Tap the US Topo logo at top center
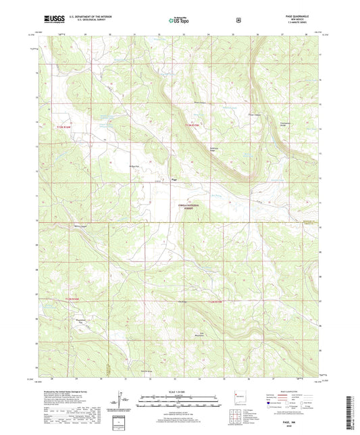coord(180,20)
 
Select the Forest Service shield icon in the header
coord(238,20)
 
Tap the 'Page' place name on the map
coord(174,179)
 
